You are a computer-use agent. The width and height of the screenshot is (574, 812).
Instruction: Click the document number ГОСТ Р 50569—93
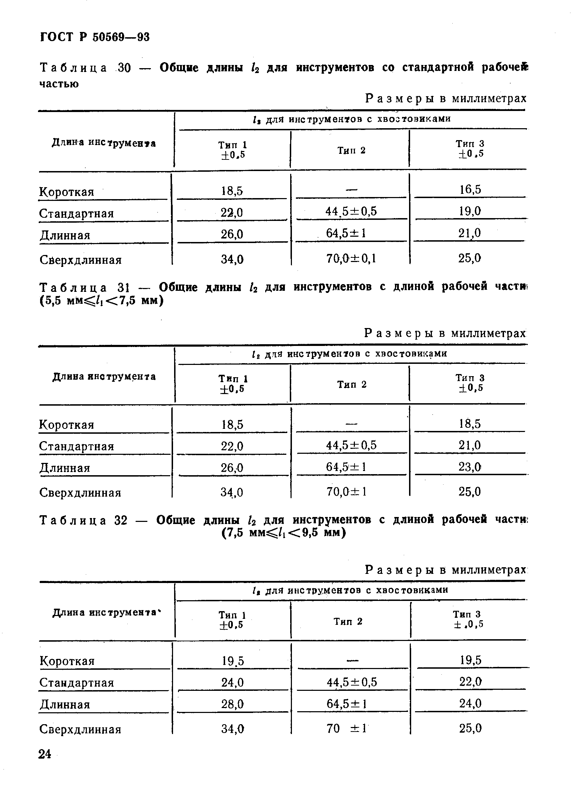[95, 37]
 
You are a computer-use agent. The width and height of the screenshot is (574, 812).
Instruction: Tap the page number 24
[45, 754]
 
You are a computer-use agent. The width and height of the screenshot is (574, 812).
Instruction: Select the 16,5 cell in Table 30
[470, 190]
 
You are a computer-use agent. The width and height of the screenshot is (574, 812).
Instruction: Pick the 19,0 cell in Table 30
[470, 211]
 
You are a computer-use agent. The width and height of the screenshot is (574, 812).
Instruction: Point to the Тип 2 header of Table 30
[351, 151]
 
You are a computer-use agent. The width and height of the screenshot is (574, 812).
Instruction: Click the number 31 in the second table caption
[124, 287]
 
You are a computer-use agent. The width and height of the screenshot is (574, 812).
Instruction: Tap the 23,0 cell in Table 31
[470, 467]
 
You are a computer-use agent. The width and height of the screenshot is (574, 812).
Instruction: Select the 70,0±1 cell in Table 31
[347, 491]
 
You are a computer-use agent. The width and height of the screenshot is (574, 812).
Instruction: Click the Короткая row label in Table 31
[66, 424]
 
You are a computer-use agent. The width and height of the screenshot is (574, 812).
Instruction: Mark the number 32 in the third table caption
[121, 520]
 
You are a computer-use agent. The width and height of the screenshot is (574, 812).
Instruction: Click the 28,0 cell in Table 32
[232, 704]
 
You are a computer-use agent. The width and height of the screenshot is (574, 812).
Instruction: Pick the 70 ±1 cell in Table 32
[347, 728]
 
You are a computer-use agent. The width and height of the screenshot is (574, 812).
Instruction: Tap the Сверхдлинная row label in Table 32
[81, 729]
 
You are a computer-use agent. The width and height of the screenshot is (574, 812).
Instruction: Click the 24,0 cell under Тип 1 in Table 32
[232, 682]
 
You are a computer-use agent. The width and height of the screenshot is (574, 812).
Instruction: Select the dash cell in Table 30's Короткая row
[351, 190]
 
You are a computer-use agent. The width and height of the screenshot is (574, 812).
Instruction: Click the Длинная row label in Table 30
[65, 235]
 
